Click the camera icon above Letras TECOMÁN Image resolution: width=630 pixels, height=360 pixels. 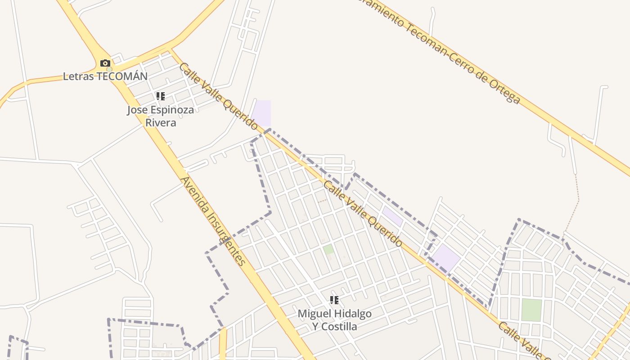click(105, 63)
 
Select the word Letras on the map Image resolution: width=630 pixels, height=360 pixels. click(79, 76)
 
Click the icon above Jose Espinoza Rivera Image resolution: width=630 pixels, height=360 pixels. click(161, 96)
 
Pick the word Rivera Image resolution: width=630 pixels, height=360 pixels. click(161, 123)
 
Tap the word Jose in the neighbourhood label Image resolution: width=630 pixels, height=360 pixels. click(136, 110)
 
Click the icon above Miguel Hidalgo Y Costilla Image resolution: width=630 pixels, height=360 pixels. click(334, 300)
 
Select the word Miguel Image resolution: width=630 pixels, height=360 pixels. click(313, 314)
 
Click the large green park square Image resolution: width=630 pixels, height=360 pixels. click(531, 310)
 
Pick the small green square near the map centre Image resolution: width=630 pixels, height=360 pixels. click(328, 249)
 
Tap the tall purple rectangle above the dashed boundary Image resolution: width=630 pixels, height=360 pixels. click(262, 113)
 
